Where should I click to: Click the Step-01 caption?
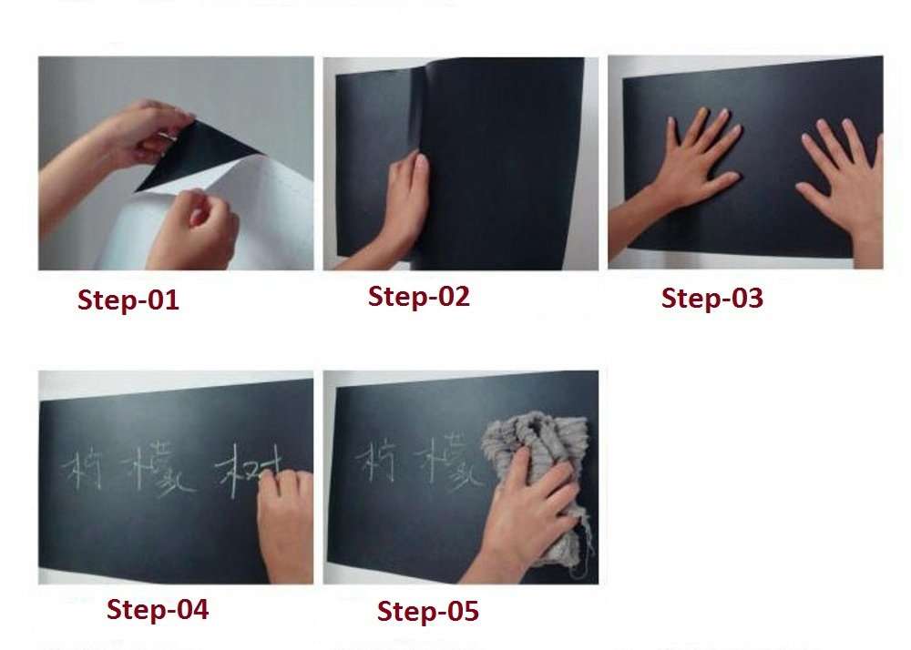(128, 300)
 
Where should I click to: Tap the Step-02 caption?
(419, 297)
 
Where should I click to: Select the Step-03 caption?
(712, 299)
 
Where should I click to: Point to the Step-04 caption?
(158, 609)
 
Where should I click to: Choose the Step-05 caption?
(428, 612)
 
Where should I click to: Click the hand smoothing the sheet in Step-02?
(404, 205)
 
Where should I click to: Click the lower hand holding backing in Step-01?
(196, 232)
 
